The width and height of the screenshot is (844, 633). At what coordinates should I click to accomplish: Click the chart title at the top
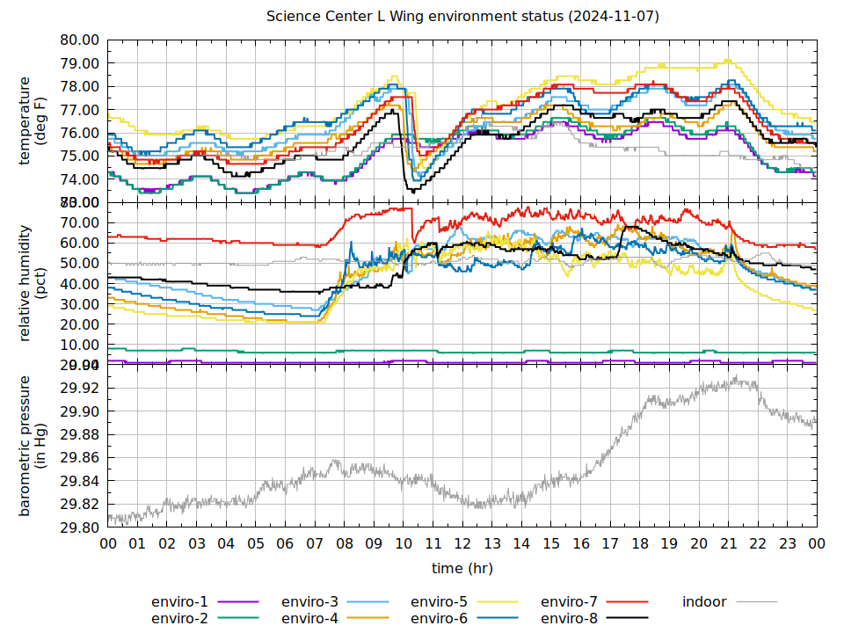[462, 17]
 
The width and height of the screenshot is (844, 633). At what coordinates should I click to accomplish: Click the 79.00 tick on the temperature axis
[79, 64]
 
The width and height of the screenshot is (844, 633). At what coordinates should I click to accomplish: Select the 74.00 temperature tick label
[79, 179]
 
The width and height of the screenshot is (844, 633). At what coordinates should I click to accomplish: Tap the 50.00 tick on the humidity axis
[79, 264]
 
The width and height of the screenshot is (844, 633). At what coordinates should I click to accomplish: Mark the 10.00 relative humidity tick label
[79, 345]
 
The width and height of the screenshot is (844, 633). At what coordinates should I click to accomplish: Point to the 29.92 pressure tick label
[79, 389]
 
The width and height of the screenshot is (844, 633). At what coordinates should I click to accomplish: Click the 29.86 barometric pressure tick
[79, 458]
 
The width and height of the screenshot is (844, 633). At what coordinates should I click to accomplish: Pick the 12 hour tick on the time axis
[462, 544]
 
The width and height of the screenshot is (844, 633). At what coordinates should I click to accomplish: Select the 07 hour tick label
[315, 544]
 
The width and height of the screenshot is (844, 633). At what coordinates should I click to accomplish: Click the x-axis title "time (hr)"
[462, 569]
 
